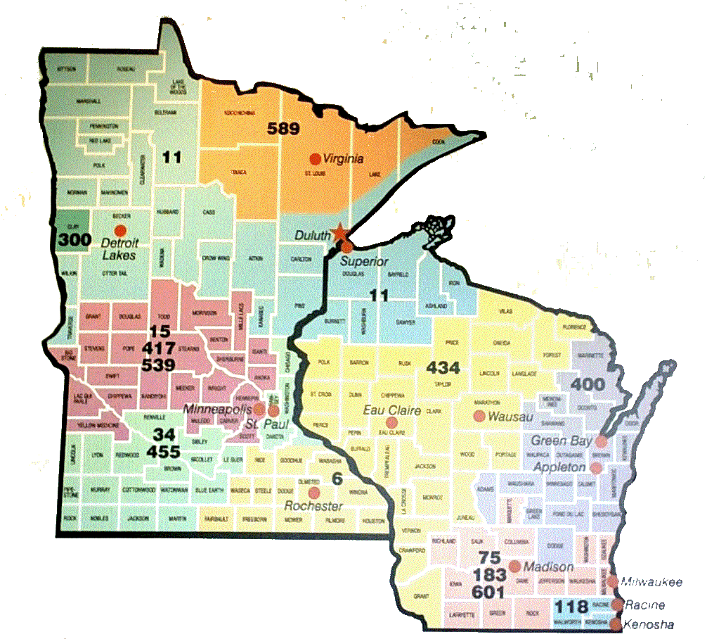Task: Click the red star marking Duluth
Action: pos(340,233)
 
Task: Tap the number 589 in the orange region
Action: pos(283,128)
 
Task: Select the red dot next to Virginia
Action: pos(316,159)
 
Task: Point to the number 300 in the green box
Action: pos(74,241)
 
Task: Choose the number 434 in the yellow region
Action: pos(443,367)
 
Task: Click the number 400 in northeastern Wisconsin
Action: pos(587,385)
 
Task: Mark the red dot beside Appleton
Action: pos(596,467)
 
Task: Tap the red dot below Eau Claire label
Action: pos(392,423)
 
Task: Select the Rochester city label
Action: pos(313,507)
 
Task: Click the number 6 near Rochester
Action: pos(337,480)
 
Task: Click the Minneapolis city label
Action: pos(217,408)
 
